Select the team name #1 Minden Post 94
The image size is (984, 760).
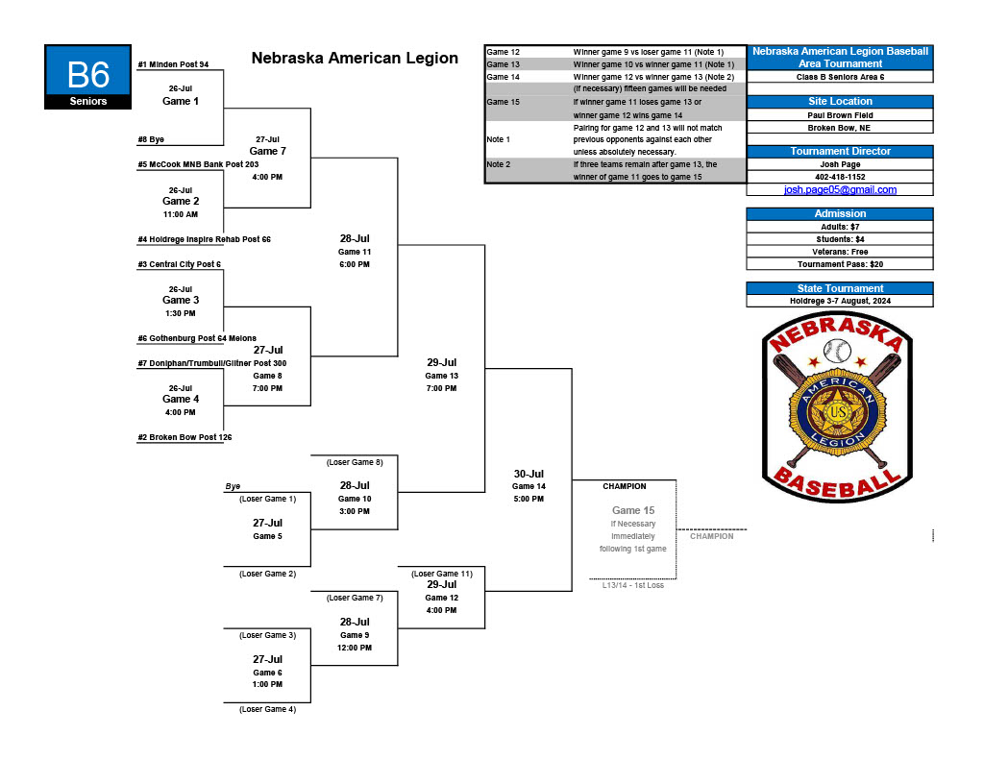point(173,64)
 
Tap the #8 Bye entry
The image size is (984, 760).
point(151,139)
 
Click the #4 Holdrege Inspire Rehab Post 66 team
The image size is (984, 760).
point(204,239)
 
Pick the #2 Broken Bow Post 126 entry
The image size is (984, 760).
point(184,437)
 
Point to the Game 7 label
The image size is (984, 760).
point(267,151)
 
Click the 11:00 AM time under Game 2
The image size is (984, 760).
point(181,214)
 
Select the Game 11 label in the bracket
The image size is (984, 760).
point(354,252)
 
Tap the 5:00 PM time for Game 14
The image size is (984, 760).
point(529,499)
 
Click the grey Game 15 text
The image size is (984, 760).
point(633,510)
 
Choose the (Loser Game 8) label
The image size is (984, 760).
point(355,462)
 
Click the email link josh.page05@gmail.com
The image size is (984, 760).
point(840,189)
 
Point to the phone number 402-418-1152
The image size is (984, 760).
point(840,177)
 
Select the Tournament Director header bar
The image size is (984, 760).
point(840,151)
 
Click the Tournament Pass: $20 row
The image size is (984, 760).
point(840,263)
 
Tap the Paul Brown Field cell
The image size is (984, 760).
point(840,114)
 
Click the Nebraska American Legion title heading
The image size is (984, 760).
point(355,58)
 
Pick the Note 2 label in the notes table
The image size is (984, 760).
point(499,164)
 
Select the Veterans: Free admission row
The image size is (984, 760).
point(840,251)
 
